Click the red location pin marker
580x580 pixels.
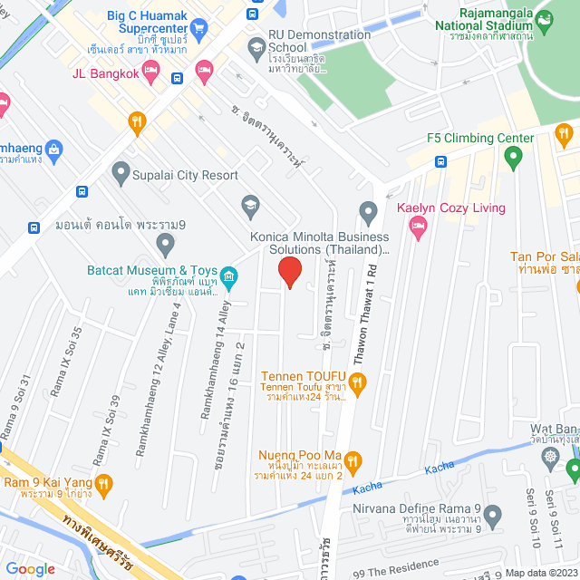click(289, 272)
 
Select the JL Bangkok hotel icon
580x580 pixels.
click(203, 71)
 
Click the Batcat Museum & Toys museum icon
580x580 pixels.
click(229, 275)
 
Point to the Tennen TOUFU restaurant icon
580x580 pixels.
click(357, 385)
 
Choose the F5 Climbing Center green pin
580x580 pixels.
click(514, 160)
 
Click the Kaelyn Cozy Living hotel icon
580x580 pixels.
click(418, 230)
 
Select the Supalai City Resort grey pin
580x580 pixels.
click(120, 171)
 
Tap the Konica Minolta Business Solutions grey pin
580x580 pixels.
click(368, 214)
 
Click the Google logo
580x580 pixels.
click(31, 568)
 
